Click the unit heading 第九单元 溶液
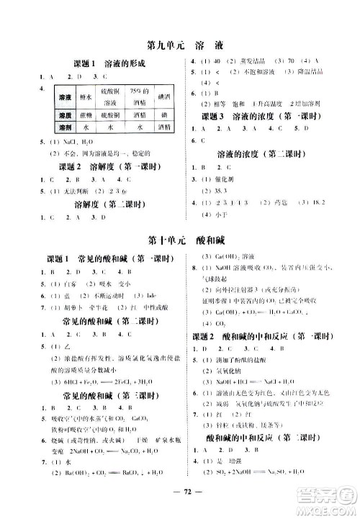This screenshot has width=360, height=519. coord(180,42)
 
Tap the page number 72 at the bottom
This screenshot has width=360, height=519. coord(179,497)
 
